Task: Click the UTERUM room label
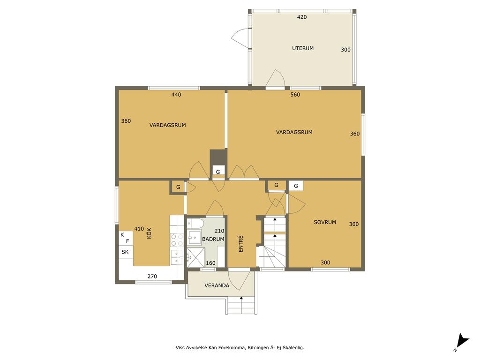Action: (x=303, y=48)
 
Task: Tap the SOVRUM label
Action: (x=325, y=222)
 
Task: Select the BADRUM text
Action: (x=213, y=239)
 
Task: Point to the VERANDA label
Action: (x=217, y=285)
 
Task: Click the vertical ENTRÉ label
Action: (x=240, y=244)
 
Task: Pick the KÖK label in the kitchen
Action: (x=149, y=233)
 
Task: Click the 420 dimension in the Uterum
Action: (x=302, y=17)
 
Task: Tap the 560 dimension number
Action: (x=295, y=95)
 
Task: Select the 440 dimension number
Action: (x=176, y=95)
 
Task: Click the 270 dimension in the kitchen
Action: (x=152, y=277)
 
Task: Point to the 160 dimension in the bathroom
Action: (x=210, y=263)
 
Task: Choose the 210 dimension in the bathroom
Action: (x=219, y=231)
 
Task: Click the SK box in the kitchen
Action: (x=125, y=252)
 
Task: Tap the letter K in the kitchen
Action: (x=122, y=235)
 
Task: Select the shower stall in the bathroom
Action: (x=195, y=257)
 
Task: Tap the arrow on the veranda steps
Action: (x=241, y=305)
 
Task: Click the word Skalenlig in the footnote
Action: (x=294, y=348)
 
